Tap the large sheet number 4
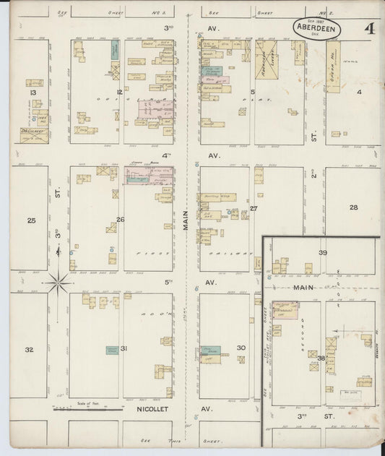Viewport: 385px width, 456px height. pyautogui.click(x=369, y=29)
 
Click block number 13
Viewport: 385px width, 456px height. pyautogui.click(x=32, y=93)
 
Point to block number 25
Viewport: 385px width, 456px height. pyautogui.click(x=31, y=220)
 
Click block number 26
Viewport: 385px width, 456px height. pyautogui.click(x=121, y=220)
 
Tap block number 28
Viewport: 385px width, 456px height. pyautogui.click(x=353, y=207)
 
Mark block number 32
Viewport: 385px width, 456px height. pyautogui.click(x=30, y=349)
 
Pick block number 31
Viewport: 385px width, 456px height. pyautogui.click(x=124, y=349)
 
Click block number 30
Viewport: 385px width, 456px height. pyautogui.click(x=241, y=348)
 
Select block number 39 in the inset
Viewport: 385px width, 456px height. pyautogui.click(x=323, y=252)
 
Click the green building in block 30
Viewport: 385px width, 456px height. pyautogui.click(x=211, y=350)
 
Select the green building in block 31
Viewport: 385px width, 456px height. pyautogui.click(x=112, y=350)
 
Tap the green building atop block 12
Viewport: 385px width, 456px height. pyautogui.click(x=115, y=50)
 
